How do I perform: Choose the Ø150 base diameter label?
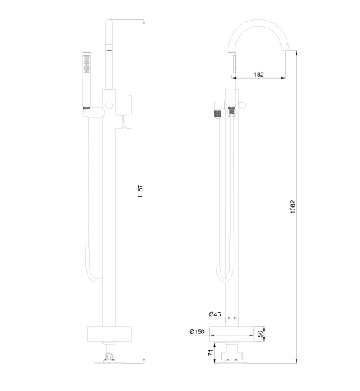tap(198, 332)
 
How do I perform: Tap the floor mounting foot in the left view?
tap(109, 355)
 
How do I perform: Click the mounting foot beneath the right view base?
tap(228, 353)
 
